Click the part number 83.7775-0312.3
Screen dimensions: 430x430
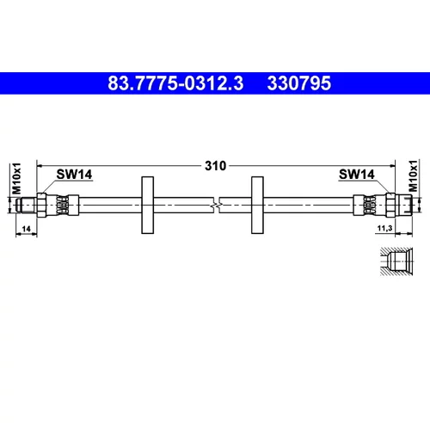175,83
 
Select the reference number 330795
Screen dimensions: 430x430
299,83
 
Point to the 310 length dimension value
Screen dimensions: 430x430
215,166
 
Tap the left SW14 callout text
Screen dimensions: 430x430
74,174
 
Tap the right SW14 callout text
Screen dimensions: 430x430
357,174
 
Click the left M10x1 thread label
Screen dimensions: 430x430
16,178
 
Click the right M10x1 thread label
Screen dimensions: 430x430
413,175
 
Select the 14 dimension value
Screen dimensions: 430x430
26,229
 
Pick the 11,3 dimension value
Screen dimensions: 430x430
384,228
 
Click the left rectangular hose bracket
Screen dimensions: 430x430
148,205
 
